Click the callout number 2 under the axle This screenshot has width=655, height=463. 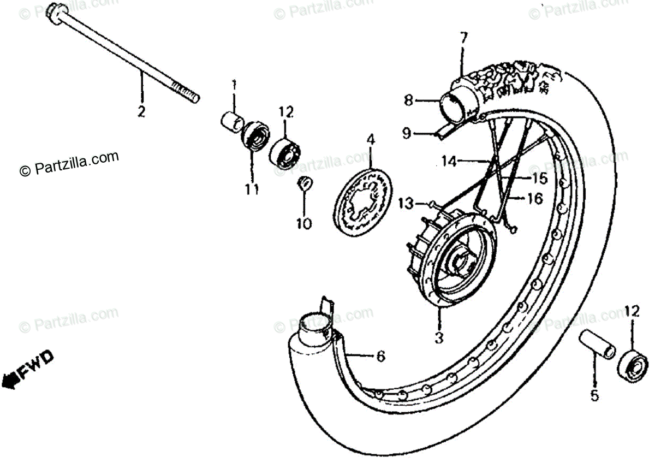click(141, 112)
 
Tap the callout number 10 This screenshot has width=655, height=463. click(304, 223)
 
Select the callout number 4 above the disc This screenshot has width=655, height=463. click(371, 140)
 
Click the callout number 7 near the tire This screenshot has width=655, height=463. click(463, 38)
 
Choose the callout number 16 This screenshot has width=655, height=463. click(535, 199)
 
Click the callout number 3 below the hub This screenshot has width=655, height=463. click(438, 339)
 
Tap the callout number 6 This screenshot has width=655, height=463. click(380, 357)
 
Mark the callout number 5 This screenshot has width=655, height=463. click(594, 395)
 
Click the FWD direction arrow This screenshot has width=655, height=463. click(27, 371)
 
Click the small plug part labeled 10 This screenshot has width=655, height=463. click(303, 183)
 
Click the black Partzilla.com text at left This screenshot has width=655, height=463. click(69, 164)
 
